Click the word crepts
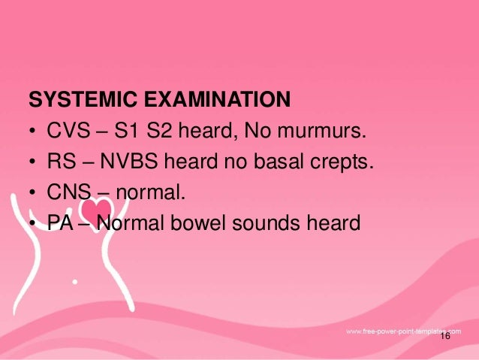[x=342, y=162]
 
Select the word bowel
[x=214, y=223]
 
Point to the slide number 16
[x=445, y=337]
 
